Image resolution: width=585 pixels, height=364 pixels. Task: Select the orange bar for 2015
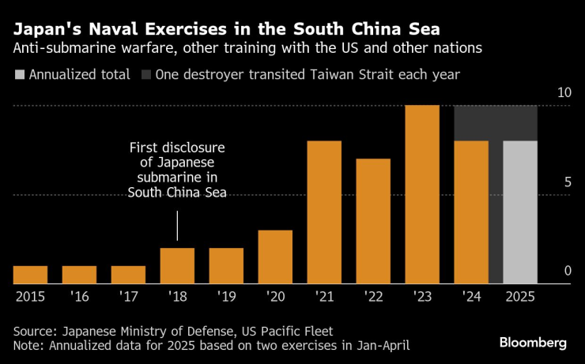[31, 275]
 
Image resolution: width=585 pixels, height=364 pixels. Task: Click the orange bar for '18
[177, 266]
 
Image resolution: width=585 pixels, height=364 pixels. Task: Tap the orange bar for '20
[275, 257]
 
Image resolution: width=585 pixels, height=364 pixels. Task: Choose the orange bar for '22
[373, 221]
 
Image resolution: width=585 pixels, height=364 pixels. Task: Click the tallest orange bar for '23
[422, 194]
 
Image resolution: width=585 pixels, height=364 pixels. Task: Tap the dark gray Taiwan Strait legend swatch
[146, 76]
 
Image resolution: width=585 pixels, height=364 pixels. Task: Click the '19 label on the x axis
[226, 297]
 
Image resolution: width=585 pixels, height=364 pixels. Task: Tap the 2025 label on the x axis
[520, 297]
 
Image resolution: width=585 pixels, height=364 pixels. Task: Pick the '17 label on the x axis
[128, 297]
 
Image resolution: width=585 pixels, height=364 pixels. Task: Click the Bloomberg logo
[533, 342]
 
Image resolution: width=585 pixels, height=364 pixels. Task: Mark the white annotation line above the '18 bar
[177, 226]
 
